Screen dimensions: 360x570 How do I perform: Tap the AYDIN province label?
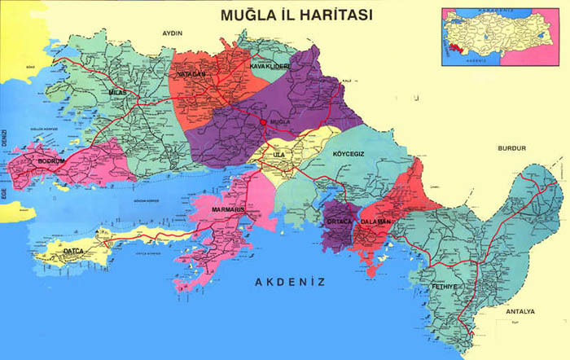173,33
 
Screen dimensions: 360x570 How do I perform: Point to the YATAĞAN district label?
187,74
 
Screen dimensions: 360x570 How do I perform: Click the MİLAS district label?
119,94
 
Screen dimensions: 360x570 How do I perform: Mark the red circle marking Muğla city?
262,122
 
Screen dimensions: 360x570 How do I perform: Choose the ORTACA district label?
338,222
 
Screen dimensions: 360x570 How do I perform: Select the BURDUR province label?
513,148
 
